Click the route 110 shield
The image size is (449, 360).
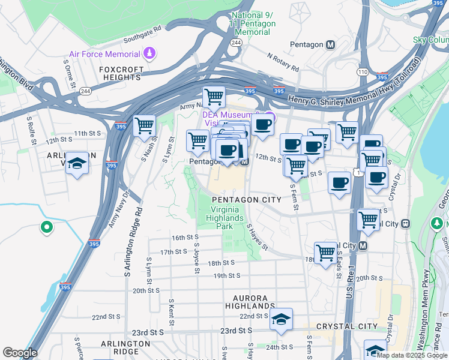(362, 71)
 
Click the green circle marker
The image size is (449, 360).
(46, 227)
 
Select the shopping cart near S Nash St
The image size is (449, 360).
(144, 125)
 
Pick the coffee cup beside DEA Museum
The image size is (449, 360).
(262, 125)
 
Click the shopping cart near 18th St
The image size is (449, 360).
(325, 252)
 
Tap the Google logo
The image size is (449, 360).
(20, 353)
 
